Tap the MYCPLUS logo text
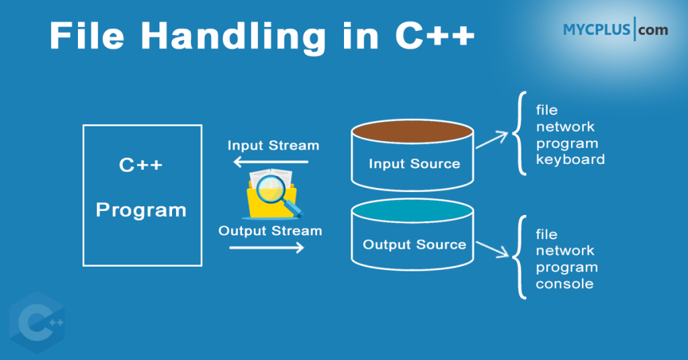(597, 30)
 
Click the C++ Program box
(141, 194)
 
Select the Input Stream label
(273, 145)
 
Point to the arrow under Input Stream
(270, 162)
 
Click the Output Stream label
(270, 231)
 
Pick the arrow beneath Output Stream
(266, 248)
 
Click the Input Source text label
(414, 164)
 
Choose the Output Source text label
(414, 244)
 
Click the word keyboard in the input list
(570, 160)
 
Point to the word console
(564, 284)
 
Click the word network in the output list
(564, 251)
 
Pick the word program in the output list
(566, 267)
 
